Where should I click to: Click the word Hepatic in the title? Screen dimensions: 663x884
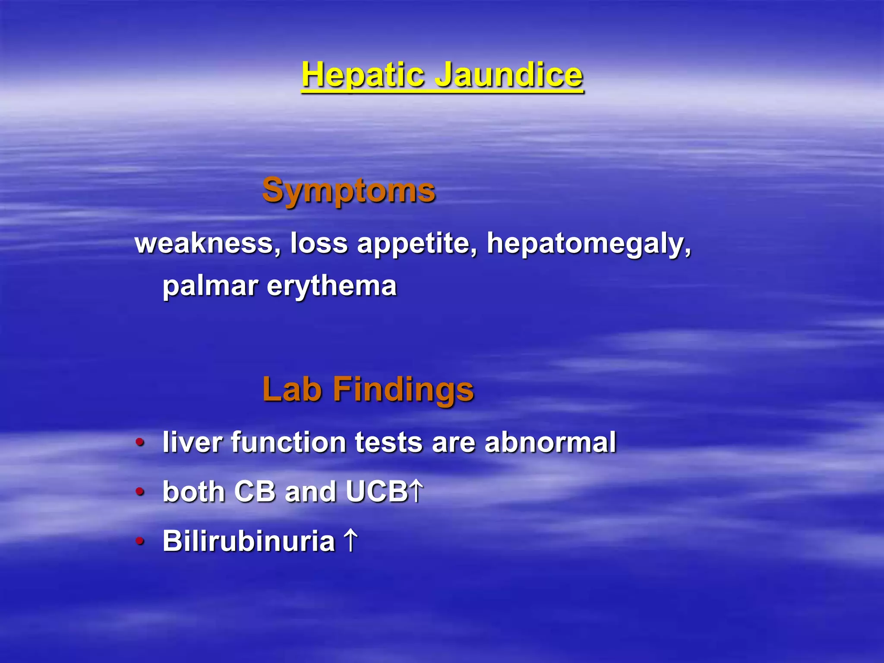click(x=363, y=76)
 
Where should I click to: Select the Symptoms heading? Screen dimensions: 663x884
click(x=349, y=191)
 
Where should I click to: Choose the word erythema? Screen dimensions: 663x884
click(x=331, y=287)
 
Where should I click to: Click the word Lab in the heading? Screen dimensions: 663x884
click(x=292, y=389)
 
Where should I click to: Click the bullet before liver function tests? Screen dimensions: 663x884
click(x=140, y=442)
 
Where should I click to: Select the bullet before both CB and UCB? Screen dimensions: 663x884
click(x=140, y=492)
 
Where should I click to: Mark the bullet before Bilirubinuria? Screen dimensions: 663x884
click(x=140, y=541)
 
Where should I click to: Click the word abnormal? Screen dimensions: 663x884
click(x=550, y=442)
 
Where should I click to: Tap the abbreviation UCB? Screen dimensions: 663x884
click(x=376, y=492)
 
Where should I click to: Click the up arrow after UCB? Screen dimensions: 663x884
click(x=416, y=492)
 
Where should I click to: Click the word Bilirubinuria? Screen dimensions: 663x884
click(x=249, y=541)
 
